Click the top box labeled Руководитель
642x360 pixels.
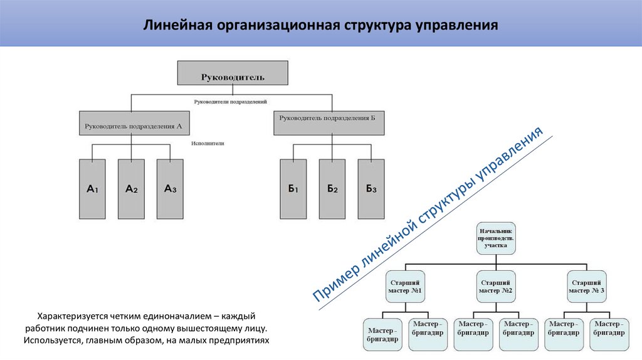coord(233,73)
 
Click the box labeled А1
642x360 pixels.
coord(93,189)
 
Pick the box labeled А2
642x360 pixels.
coord(132,189)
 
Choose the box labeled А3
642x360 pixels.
coord(170,189)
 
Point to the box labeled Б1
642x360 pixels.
coord(293,189)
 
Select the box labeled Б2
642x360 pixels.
coord(332,189)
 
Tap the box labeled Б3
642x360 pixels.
coord(371,189)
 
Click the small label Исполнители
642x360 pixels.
coord(208,144)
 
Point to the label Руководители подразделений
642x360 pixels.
coord(231,101)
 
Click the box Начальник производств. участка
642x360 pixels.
coord(496,238)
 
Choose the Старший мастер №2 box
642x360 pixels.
coord(496,287)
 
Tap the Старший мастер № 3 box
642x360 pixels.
coord(587,287)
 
